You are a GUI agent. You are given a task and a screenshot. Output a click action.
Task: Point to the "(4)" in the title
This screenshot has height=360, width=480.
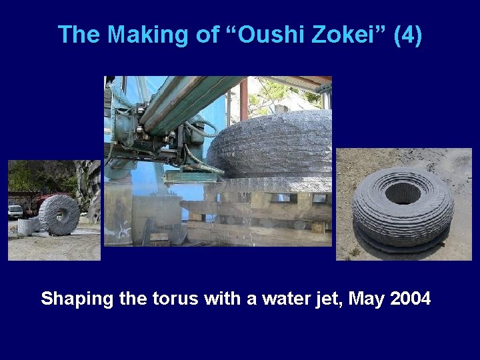pos(407,35)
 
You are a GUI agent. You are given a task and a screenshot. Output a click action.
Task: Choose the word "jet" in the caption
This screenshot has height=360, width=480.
pos(322,299)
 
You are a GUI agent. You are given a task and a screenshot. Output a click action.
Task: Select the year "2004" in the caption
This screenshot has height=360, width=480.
pos(411,299)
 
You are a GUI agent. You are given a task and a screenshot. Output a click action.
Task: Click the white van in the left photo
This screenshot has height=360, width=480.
pos(15,211)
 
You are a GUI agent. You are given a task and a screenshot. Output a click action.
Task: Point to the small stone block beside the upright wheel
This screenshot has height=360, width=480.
pos(25,227)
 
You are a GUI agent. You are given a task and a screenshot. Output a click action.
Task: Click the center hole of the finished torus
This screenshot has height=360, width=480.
pos(402,193)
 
